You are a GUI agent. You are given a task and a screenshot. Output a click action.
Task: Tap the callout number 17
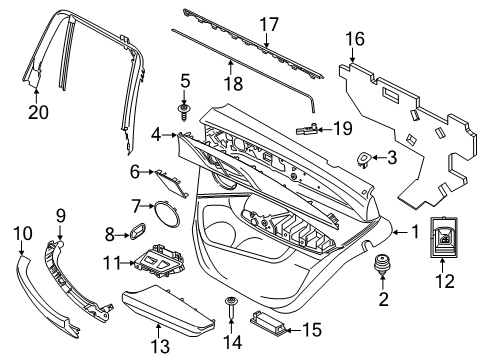point(268,22)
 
